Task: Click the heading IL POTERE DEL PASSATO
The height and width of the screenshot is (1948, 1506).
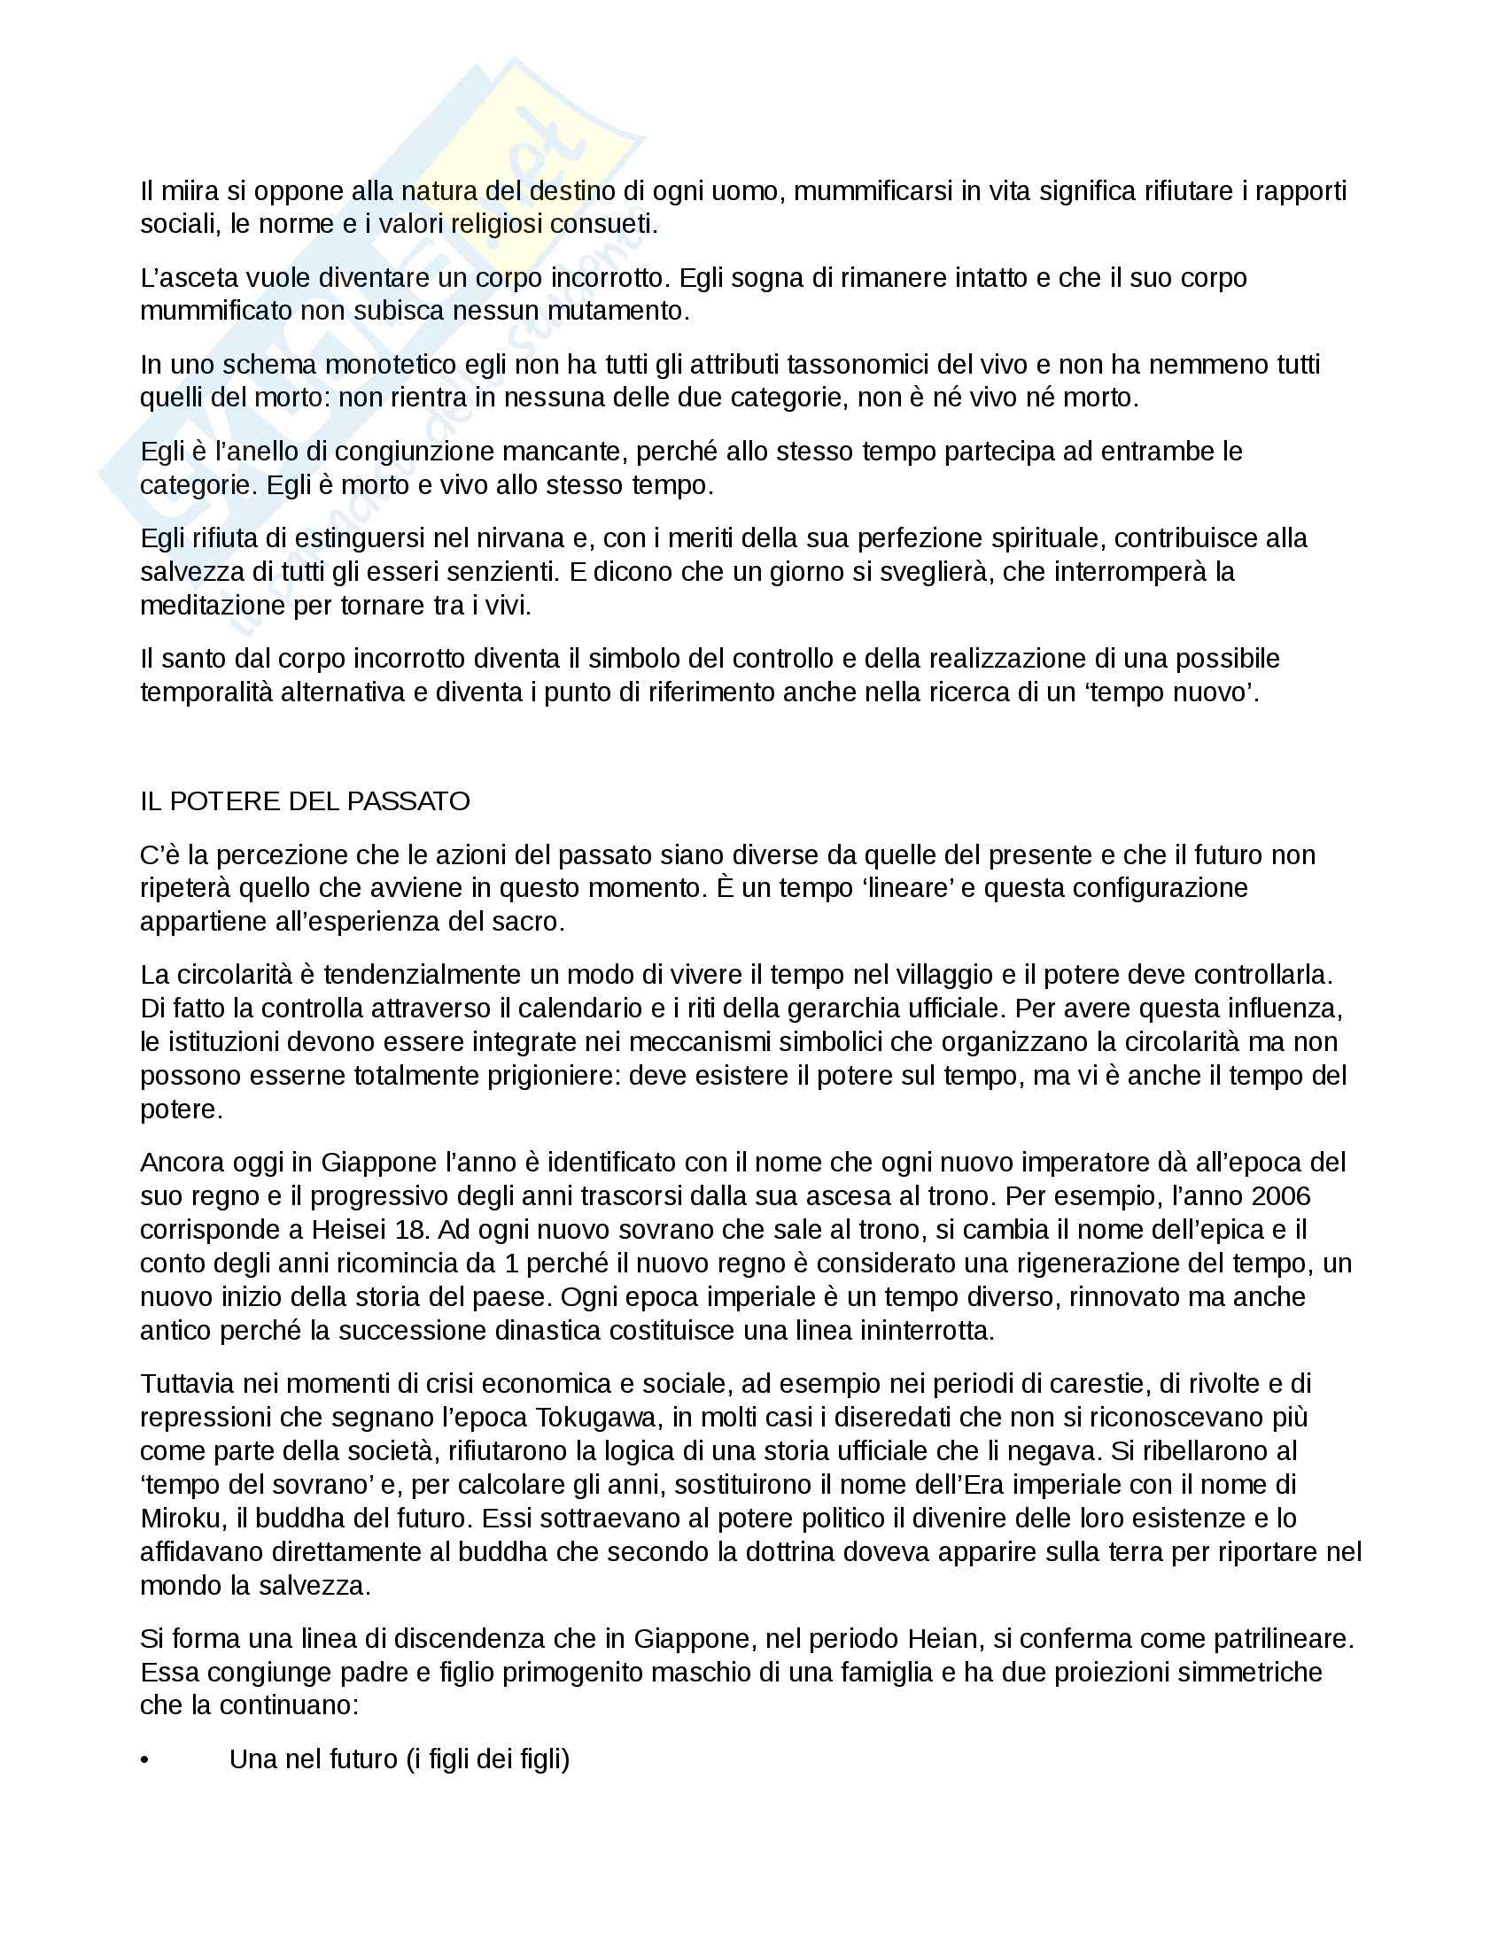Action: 304,801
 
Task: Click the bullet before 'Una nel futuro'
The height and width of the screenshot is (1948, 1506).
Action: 144,1759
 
